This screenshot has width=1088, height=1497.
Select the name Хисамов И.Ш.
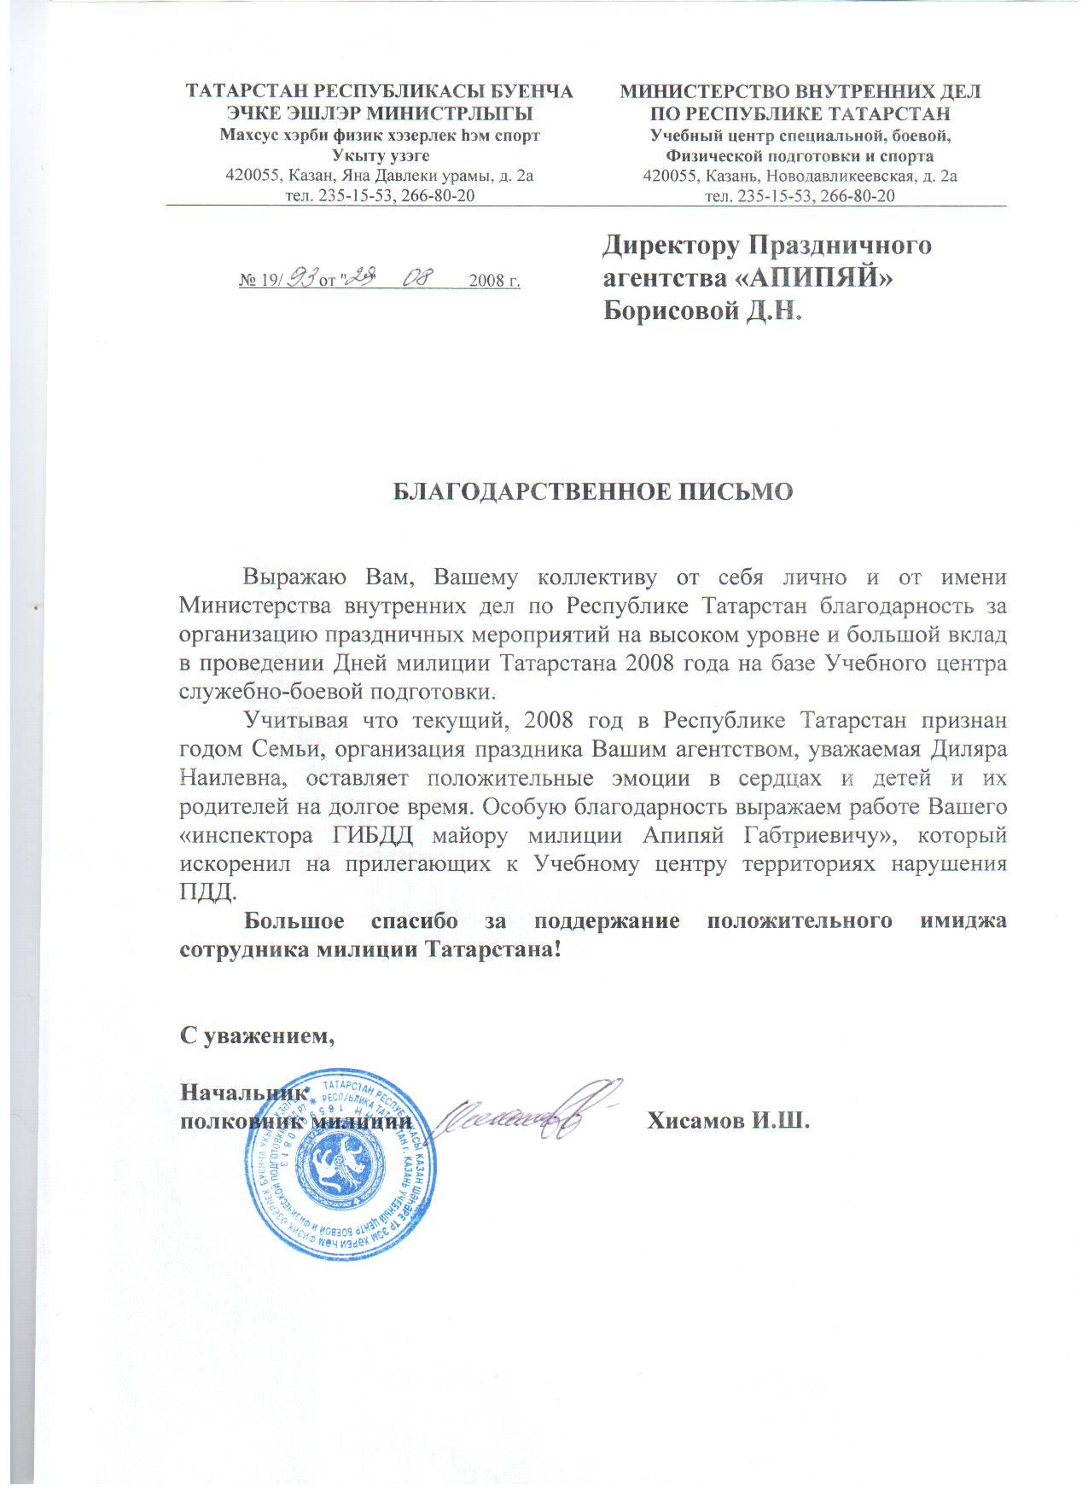[x=728, y=1120]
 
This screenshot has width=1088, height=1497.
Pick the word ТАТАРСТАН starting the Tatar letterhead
[x=246, y=91]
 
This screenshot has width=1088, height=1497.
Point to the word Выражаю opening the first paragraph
[x=294, y=577]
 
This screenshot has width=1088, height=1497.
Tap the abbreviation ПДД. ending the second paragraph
[x=206, y=891]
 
